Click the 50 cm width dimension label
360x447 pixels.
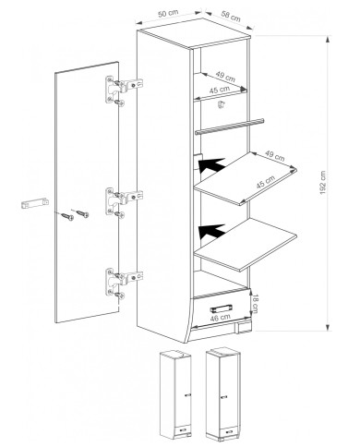(168, 14)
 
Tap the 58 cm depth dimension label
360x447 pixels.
(231, 16)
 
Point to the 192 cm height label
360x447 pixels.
(322, 183)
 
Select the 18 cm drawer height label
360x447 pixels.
(255, 303)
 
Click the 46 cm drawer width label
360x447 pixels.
(220, 318)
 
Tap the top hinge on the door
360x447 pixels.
(124, 91)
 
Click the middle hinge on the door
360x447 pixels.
(124, 201)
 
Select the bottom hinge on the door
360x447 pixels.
(124, 283)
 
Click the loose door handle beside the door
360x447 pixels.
(35, 203)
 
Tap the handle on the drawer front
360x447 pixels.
(222, 308)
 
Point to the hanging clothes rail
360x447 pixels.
(230, 127)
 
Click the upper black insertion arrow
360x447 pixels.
(212, 165)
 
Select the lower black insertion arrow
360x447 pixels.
(212, 232)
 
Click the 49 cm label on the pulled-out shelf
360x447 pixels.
(275, 156)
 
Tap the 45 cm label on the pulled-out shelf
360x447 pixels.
(265, 183)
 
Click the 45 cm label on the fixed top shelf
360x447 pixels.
(220, 91)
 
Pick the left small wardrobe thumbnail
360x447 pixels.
(175, 395)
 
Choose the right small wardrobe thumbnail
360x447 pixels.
(223, 393)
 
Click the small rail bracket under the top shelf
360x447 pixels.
(221, 104)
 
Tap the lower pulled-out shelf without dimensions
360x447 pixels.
(246, 245)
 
